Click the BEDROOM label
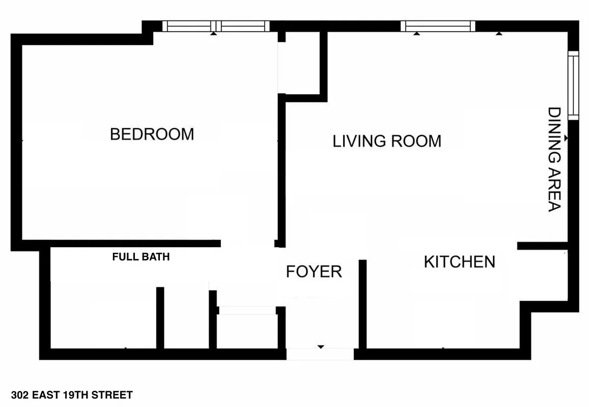coord(152,134)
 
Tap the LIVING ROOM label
coord(387,141)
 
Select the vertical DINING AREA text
coord(554,159)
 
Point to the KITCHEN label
coord(459,262)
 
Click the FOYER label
coord(314,272)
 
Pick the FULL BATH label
coord(141,257)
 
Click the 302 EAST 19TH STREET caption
coord(71,395)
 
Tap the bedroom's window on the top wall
coord(216,26)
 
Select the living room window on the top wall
coord(438,26)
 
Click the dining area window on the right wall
coord(574,85)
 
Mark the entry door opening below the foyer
coord(320,354)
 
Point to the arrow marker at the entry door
coord(321,347)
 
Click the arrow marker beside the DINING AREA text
coord(566,138)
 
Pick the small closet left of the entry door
coord(246,331)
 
